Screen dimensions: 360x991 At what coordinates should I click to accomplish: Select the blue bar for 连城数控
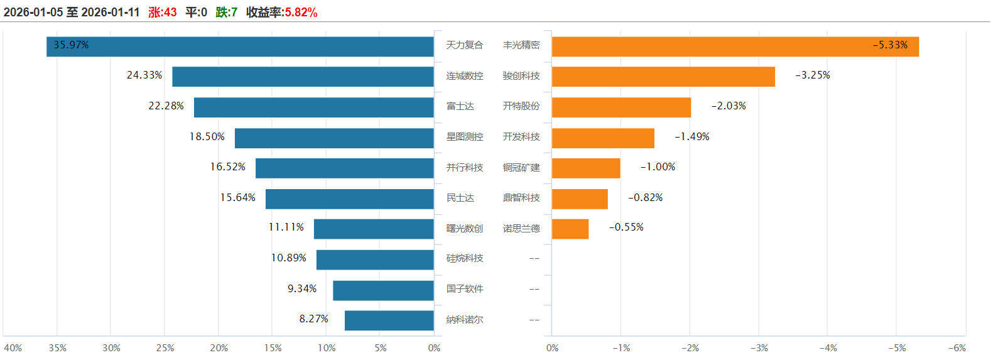(303, 77)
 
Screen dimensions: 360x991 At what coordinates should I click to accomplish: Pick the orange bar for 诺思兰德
(570, 229)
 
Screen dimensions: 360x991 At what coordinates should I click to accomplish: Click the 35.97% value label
(71, 45)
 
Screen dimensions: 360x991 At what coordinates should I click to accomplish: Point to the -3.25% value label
(813, 75)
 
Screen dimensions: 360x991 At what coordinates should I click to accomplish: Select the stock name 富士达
(460, 106)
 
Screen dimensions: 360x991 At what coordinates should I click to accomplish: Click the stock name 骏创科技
(521, 76)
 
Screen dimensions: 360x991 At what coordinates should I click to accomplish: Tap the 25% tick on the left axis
(165, 348)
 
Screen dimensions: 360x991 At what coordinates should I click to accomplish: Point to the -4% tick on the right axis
(828, 348)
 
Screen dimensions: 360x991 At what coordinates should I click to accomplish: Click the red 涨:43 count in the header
(163, 12)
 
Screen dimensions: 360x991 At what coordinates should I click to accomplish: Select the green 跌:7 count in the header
(227, 12)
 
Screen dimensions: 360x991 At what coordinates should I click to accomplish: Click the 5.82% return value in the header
(301, 12)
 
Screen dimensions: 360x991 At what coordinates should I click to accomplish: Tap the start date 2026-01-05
(33, 12)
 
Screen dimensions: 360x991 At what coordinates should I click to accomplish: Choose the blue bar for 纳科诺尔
(389, 320)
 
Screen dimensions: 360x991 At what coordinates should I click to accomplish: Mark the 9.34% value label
(302, 289)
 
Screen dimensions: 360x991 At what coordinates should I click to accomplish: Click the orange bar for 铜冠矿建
(586, 168)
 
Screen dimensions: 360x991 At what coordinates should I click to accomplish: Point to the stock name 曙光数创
(465, 228)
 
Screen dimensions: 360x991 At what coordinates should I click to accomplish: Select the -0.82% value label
(646, 198)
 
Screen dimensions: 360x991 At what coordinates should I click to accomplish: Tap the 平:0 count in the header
(196, 12)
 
